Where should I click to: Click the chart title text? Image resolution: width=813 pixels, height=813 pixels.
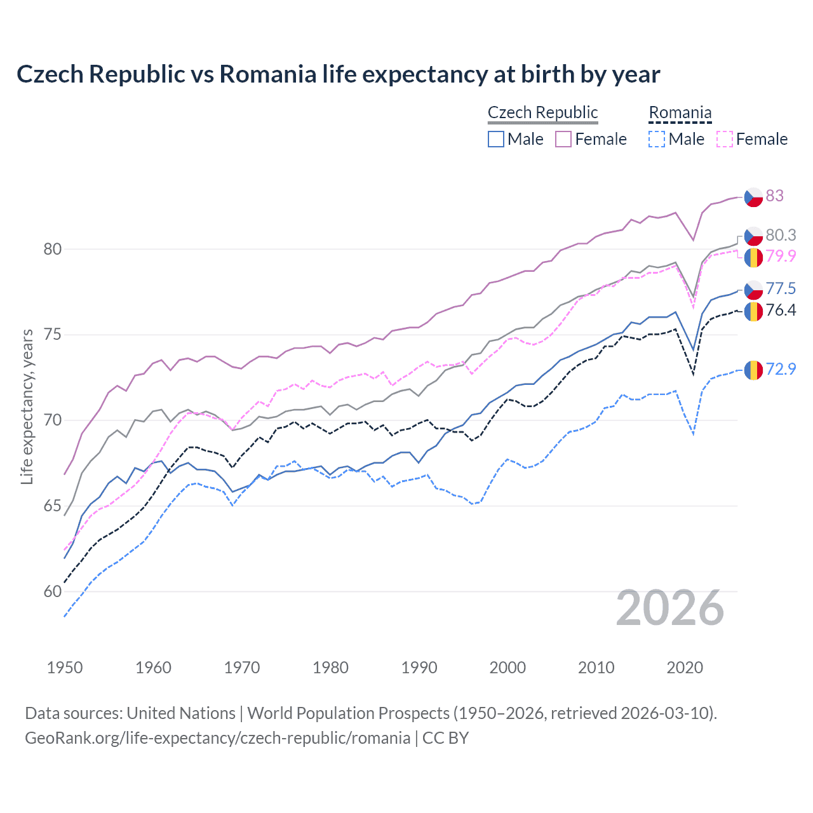(x=338, y=74)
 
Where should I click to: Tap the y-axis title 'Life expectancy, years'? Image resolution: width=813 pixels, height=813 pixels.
(x=27, y=406)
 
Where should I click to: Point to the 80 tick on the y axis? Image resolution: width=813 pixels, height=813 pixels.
(x=53, y=249)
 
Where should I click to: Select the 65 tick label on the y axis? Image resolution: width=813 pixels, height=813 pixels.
(x=53, y=506)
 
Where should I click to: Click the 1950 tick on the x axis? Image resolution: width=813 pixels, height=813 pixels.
(x=65, y=668)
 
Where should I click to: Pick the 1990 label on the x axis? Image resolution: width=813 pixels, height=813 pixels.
(x=419, y=668)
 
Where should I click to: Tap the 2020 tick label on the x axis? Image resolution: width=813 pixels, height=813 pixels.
(x=685, y=668)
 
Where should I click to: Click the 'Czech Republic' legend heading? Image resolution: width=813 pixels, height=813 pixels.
(x=542, y=112)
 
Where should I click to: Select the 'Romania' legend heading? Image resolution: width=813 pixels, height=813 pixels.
(x=680, y=112)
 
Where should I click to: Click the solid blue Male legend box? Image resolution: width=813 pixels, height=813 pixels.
(x=496, y=139)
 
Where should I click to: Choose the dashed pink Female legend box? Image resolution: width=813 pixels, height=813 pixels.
(x=725, y=139)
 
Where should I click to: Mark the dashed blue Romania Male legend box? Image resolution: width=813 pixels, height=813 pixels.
(x=657, y=139)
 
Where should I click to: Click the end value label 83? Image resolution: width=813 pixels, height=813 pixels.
(x=774, y=196)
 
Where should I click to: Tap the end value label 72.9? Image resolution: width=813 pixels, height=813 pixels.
(x=781, y=369)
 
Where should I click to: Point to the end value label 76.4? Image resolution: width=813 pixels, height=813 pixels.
(x=781, y=310)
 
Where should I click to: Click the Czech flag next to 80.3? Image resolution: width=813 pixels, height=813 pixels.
(x=753, y=236)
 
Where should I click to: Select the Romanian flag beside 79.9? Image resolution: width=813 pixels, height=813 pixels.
(x=753, y=257)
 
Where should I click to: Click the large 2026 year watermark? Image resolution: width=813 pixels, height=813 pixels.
(x=670, y=608)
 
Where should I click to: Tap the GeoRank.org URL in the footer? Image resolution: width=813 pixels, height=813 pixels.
(x=217, y=738)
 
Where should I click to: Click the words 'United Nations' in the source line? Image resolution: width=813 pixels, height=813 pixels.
(x=181, y=713)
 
